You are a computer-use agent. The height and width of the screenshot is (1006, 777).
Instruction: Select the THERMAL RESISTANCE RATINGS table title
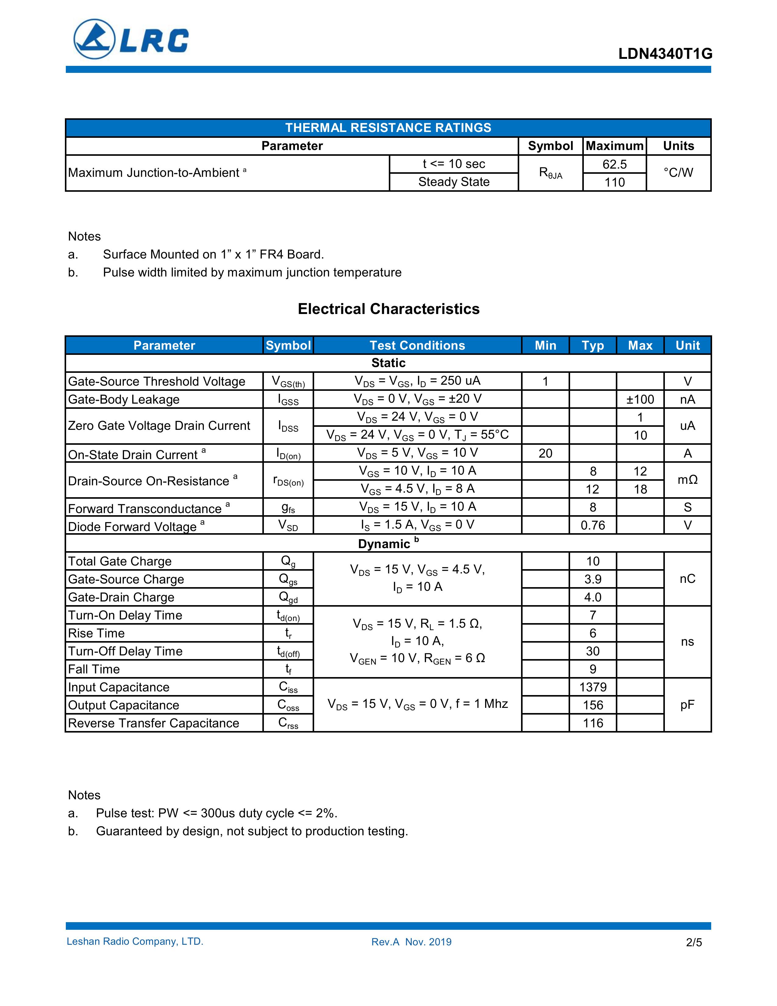[388, 128]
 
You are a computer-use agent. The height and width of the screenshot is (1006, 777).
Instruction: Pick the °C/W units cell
[678, 173]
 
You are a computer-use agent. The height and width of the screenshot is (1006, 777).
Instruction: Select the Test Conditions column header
[417, 345]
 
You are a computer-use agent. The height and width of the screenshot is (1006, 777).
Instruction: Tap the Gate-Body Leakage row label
[124, 399]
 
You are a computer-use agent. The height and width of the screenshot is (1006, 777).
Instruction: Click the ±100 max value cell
[640, 399]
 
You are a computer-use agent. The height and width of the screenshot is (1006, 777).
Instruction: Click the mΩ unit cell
[687, 480]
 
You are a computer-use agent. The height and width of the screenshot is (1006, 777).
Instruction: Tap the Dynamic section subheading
[388, 544]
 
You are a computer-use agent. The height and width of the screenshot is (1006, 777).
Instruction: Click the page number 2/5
[694, 942]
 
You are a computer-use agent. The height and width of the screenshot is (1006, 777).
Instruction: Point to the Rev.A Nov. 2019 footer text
[411, 942]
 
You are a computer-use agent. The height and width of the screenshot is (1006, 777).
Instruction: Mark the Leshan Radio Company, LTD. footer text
[135, 941]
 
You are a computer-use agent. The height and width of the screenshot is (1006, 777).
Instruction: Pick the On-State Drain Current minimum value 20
[545, 453]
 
